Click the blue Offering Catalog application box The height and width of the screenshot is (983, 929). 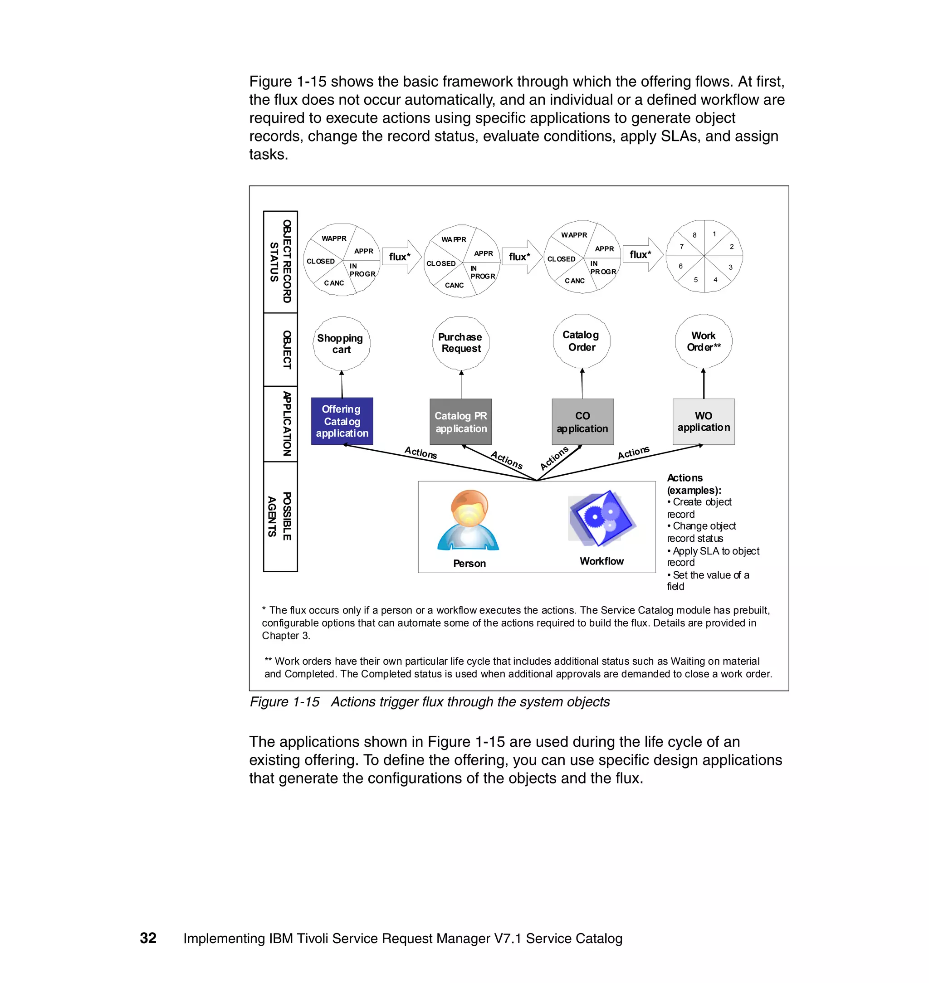click(342, 421)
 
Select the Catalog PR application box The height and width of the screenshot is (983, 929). click(460, 422)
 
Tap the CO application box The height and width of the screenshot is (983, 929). click(582, 422)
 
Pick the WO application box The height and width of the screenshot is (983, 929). click(703, 421)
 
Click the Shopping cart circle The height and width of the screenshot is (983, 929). click(341, 344)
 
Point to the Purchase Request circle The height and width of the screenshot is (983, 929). click(460, 342)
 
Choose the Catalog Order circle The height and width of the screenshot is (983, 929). click(582, 341)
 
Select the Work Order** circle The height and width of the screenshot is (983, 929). click(703, 341)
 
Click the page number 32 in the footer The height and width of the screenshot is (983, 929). click(148, 938)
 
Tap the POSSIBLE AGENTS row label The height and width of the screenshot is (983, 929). click(280, 516)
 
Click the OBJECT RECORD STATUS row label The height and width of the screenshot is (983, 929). click(280, 261)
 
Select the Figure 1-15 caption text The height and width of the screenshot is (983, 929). click(429, 702)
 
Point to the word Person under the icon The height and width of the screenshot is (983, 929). click(469, 563)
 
